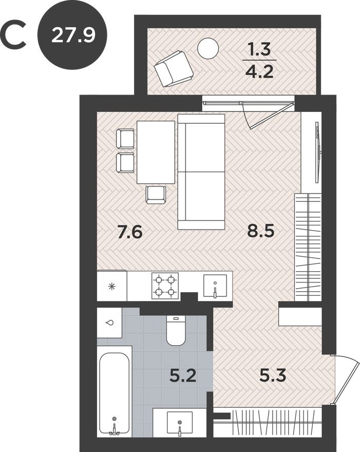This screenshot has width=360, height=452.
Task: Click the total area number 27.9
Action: (73, 35)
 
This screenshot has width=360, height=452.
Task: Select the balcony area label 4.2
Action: (259, 70)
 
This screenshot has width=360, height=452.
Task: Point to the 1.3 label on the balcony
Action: (259, 50)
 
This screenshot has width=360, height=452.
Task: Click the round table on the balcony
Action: (208, 48)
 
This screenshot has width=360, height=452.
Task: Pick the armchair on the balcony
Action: (174, 68)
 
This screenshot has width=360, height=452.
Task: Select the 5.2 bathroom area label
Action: (183, 378)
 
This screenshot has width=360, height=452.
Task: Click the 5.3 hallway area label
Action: (272, 378)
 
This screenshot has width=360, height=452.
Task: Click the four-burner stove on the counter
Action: (165, 286)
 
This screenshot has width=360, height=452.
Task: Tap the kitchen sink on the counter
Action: (215, 286)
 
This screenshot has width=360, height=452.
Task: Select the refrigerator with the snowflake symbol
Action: (112, 286)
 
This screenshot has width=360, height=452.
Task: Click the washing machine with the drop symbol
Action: (109, 323)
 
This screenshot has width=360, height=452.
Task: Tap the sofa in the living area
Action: (201, 172)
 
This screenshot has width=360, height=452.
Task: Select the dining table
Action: (156, 152)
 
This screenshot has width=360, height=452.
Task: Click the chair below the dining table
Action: (156, 194)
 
